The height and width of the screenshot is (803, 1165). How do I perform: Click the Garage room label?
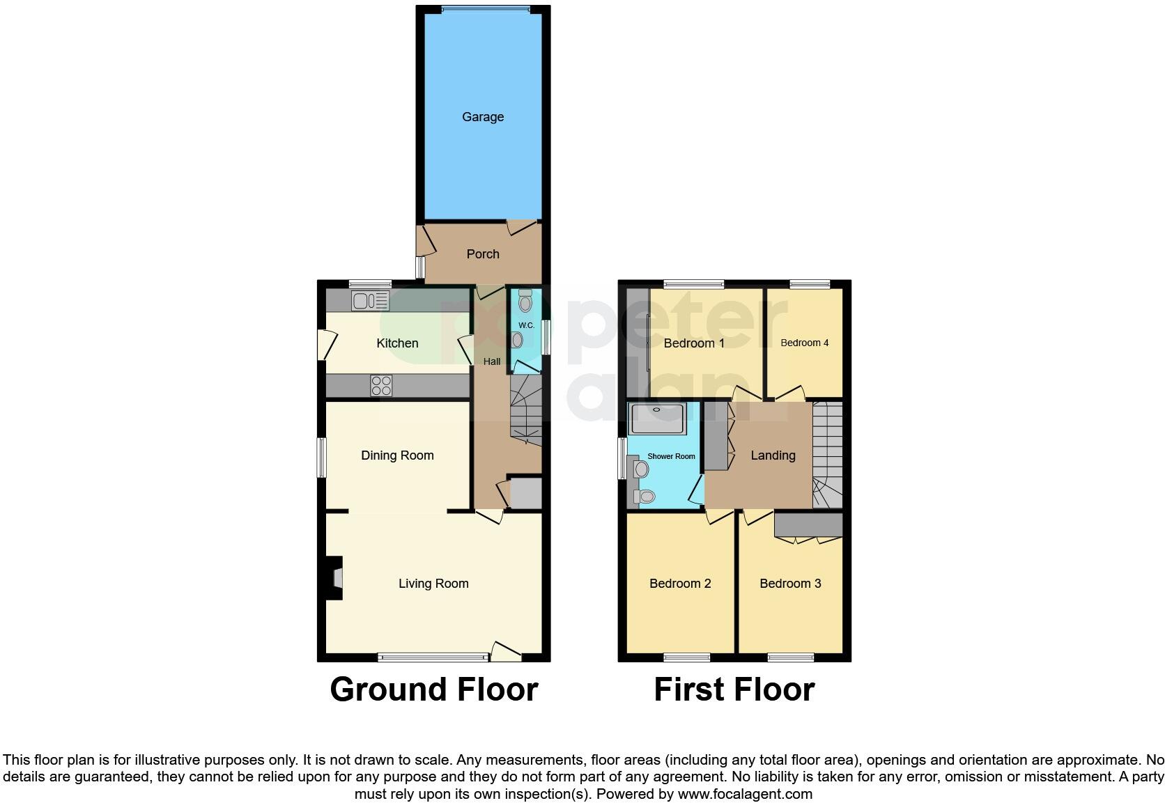483,117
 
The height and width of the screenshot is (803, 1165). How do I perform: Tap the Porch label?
483,254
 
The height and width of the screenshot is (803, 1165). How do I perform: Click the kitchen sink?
370,300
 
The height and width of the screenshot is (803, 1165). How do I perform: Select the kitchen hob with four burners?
381,385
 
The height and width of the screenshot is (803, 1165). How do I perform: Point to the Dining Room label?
397,455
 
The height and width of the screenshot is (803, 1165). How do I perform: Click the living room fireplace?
335,578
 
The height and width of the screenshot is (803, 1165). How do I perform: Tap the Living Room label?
433,584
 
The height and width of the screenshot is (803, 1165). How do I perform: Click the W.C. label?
526,325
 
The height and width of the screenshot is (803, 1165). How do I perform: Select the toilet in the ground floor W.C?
525,301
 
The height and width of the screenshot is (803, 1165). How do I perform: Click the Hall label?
492,361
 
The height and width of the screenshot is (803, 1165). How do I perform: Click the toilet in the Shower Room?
644,497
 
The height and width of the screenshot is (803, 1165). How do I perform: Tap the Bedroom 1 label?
694,343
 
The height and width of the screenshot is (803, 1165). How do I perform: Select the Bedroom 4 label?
805,343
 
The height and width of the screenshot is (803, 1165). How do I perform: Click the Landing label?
773,455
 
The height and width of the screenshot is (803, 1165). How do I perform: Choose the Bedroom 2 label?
680,584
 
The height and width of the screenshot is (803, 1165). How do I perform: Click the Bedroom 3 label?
790,584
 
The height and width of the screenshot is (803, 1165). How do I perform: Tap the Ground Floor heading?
433,689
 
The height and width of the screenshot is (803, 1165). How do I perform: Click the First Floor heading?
734,689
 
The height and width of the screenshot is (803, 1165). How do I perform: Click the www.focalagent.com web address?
745,794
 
